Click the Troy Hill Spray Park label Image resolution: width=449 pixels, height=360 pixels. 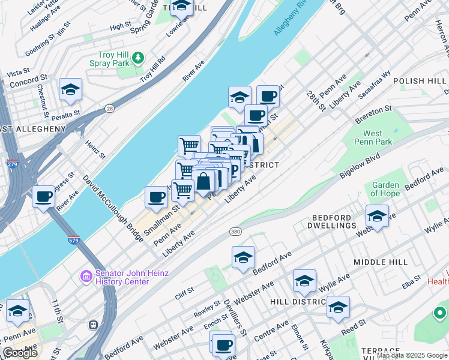point(105,59)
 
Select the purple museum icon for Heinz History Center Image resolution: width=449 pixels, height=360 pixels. point(85,277)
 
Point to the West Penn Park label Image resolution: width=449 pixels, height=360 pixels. point(377,137)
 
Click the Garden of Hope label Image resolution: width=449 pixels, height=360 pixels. point(385,189)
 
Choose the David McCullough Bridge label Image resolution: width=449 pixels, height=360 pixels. point(113,208)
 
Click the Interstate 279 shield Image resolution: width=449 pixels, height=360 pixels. point(13,163)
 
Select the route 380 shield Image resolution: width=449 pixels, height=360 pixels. point(235,230)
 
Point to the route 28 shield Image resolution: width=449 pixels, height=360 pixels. point(109,108)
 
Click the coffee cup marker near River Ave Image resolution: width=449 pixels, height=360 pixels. point(43,196)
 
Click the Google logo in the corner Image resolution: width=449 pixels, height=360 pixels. point(20,353)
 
